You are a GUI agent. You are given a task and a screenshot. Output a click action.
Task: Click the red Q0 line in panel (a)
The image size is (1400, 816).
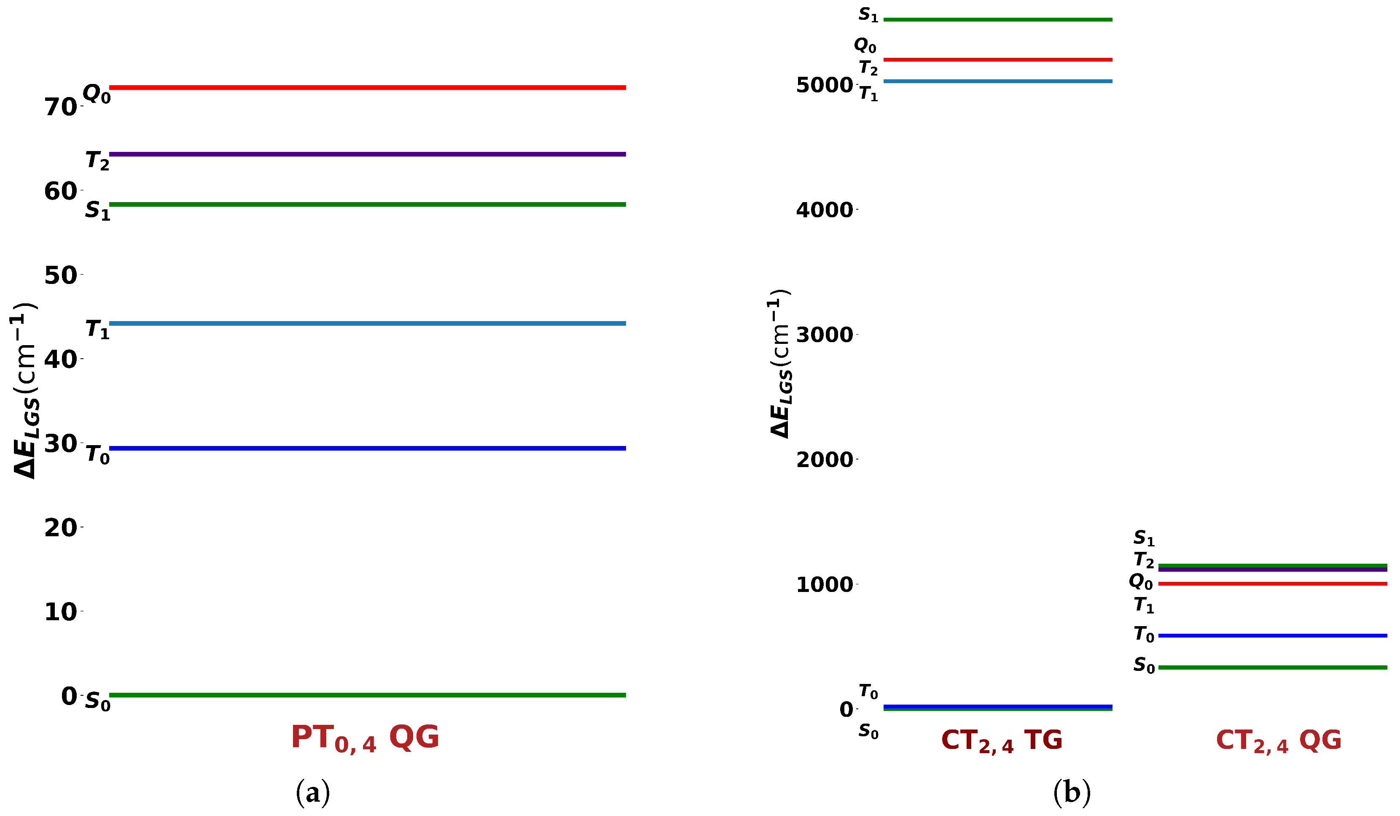[367, 87]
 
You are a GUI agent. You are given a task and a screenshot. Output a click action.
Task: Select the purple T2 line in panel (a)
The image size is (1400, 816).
[367, 154]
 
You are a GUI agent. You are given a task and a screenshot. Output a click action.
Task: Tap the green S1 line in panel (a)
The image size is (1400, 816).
[367, 205]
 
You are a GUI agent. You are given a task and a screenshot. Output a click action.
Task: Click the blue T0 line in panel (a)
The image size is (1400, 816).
[367, 448]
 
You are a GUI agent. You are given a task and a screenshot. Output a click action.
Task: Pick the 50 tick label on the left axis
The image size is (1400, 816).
[60, 276]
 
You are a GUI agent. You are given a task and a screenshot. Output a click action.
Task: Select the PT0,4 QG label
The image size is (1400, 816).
[365, 738]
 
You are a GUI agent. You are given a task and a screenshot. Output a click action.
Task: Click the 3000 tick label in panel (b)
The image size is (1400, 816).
[825, 335]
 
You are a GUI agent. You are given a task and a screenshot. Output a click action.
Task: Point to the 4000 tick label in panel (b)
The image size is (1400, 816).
[825, 210]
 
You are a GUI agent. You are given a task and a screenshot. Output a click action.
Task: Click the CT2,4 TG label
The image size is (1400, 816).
[1002, 741]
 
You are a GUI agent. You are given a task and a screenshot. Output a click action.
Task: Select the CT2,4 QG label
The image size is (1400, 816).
[1278, 741]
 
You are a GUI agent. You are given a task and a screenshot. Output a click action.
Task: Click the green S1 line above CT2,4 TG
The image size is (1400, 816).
[998, 20]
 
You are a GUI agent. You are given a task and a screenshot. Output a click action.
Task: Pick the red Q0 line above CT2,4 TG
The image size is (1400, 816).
[998, 59]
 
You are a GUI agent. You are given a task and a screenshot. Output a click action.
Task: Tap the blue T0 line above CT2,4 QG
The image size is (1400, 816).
[1272, 635]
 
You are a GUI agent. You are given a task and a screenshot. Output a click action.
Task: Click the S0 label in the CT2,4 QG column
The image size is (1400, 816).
[1144, 665]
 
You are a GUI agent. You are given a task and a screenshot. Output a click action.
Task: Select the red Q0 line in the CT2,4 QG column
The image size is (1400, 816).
[1272, 584]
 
